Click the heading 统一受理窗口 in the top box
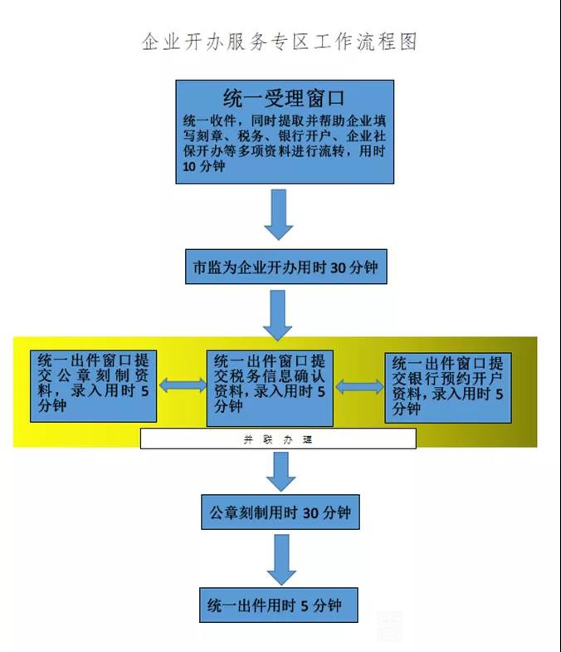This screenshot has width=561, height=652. pos(284,99)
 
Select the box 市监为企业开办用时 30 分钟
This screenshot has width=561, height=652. pos(285,268)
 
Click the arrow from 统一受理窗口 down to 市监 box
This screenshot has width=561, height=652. pos(280,213)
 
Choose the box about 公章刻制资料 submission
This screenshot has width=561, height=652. pos(91,385)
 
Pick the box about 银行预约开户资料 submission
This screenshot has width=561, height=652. pos(447,387)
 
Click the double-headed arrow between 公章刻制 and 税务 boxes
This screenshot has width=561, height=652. pos(182,385)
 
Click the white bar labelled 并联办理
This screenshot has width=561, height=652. pos(277,439)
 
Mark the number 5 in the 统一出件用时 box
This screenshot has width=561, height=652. pos(305,605)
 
